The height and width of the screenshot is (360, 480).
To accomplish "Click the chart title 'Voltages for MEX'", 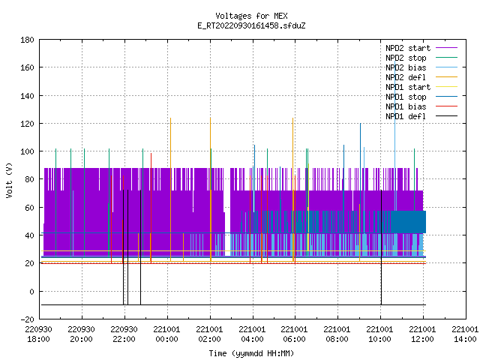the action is point(251,16).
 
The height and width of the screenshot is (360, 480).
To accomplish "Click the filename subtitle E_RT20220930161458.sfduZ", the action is point(251,25).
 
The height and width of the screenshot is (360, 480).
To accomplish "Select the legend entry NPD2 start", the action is point(408,48).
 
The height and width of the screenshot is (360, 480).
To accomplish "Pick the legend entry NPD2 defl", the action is point(405,77).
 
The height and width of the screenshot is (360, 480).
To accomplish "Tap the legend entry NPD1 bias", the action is point(406,106).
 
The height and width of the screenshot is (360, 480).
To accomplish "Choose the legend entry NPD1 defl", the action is point(405,116).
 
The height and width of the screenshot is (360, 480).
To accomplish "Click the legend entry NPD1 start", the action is point(408,87).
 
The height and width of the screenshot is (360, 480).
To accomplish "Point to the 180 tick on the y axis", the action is point(27,40).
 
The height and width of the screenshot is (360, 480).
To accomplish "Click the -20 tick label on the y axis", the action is point(27,319).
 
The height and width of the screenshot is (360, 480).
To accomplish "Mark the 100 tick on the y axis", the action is point(27,151).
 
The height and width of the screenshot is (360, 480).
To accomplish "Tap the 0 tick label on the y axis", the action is point(31,292).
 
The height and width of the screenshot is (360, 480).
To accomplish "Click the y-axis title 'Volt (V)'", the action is point(9,181).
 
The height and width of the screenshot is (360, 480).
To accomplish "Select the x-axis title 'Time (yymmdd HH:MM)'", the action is point(251,353).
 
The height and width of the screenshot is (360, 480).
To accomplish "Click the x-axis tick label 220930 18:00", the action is point(38,334).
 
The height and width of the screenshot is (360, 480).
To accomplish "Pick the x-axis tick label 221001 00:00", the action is point(166,334).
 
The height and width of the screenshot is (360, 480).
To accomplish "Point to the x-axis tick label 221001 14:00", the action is point(465,334).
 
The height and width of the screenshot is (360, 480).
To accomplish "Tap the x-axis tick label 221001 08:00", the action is point(337,334).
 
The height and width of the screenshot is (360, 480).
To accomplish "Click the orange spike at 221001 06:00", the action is point(293,190).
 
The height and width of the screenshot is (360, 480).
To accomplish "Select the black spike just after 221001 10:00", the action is point(382,247).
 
